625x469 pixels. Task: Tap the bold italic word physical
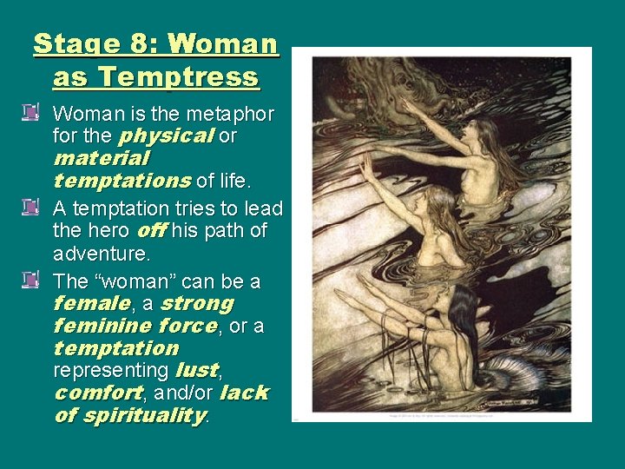[x=167, y=135]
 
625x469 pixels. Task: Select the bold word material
[x=102, y=159]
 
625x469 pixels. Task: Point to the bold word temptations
[x=122, y=182]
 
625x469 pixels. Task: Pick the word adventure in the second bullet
[x=102, y=254]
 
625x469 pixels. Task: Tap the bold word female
[x=91, y=304]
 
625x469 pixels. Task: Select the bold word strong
[x=197, y=304]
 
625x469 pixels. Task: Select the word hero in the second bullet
[x=106, y=231]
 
